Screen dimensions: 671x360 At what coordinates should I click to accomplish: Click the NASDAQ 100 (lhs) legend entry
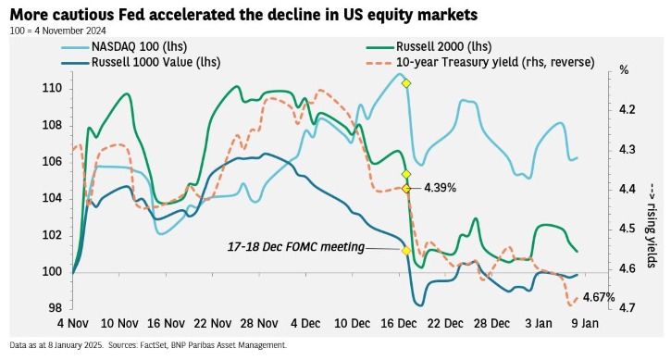(124, 46)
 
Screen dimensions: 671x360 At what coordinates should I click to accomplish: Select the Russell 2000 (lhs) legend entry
(429, 46)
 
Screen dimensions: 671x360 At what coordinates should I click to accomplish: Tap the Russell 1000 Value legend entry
(141, 63)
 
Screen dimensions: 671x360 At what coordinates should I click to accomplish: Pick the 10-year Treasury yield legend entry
(480, 63)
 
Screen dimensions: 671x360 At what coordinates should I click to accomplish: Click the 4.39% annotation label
(440, 188)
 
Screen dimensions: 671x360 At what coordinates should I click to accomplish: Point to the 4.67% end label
(599, 297)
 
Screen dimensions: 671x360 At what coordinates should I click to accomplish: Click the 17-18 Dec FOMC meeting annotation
(295, 247)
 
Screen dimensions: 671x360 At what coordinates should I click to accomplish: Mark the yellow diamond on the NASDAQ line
(406, 83)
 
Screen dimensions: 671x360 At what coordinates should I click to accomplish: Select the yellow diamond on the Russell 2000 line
(406, 174)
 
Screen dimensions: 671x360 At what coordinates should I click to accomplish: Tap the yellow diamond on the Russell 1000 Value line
(406, 251)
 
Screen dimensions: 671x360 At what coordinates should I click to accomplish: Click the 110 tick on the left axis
(52, 89)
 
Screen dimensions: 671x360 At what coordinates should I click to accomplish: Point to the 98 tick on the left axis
(55, 308)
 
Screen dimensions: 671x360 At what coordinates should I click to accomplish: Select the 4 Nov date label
(73, 323)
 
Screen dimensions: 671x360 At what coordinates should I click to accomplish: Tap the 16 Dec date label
(399, 323)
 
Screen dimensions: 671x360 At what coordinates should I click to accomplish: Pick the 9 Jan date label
(585, 323)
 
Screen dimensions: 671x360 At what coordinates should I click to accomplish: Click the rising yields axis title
(651, 225)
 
